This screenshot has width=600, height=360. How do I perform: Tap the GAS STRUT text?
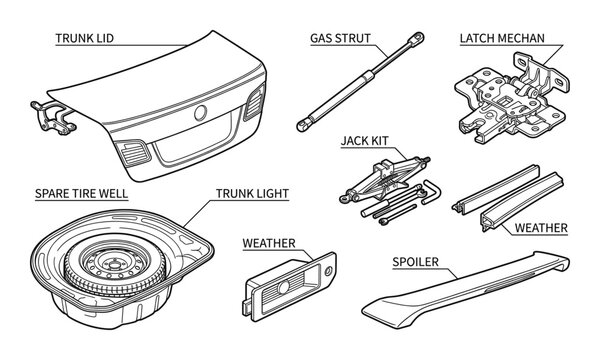click(339, 38)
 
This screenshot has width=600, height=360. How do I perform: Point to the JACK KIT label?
click(365, 140)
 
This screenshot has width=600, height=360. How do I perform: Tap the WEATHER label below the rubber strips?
click(540, 228)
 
